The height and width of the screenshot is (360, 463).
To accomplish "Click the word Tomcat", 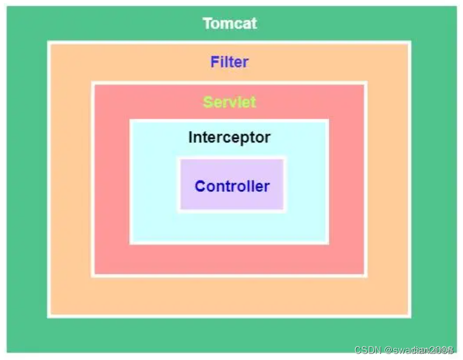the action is click(229, 24).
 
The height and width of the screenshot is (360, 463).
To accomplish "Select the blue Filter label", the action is click(229, 61).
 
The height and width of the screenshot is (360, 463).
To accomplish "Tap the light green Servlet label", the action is click(229, 102).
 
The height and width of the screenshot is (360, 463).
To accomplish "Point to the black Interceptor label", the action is click(229, 137).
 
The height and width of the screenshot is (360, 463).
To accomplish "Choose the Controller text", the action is click(232, 186).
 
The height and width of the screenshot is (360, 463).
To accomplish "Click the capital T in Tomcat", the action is click(207, 24).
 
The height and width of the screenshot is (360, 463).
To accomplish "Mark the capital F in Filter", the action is click(214, 61).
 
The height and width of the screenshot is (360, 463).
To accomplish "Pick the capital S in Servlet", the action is click(208, 102).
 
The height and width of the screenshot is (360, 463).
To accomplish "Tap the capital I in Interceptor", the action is click(190, 137).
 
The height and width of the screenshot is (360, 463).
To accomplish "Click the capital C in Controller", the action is click(200, 186).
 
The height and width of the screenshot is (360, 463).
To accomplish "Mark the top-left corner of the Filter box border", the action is click(49, 42).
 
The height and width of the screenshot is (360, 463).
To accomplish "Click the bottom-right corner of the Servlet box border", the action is click(365, 276).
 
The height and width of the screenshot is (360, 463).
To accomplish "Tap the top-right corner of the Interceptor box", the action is click(328, 120).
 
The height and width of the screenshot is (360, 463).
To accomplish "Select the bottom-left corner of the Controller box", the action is click(179, 210).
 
